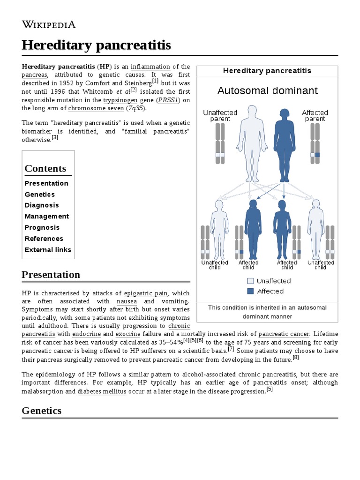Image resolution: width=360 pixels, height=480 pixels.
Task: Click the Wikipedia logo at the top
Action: [x=49, y=25]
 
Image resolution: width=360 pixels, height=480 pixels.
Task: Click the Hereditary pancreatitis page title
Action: [x=96, y=45]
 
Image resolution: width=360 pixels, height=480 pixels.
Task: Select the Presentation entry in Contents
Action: [x=46, y=183]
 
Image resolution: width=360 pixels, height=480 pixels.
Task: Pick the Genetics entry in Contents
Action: [x=39, y=195]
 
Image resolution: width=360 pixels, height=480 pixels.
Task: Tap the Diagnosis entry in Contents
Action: [x=42, y=205]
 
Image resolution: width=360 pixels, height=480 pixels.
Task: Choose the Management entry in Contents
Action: [x=46, y=217]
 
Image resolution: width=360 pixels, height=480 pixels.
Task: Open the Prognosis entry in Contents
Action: [x=42, y=227]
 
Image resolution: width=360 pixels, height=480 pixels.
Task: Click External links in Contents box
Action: [x=48, y=250]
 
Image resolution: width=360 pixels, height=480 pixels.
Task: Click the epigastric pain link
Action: [x=146, y=293]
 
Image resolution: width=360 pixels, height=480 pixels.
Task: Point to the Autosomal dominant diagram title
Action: [x=267, y=91]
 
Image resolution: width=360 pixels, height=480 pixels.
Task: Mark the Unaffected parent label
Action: [x=220, y=116]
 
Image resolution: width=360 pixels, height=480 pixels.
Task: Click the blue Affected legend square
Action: [x=250, y=291]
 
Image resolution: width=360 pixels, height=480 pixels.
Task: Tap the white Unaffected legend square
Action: [x=250, y=281]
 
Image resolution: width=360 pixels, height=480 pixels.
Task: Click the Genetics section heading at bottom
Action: [x=42, y=411]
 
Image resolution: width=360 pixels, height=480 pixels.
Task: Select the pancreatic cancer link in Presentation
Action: [x=284, y=334]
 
